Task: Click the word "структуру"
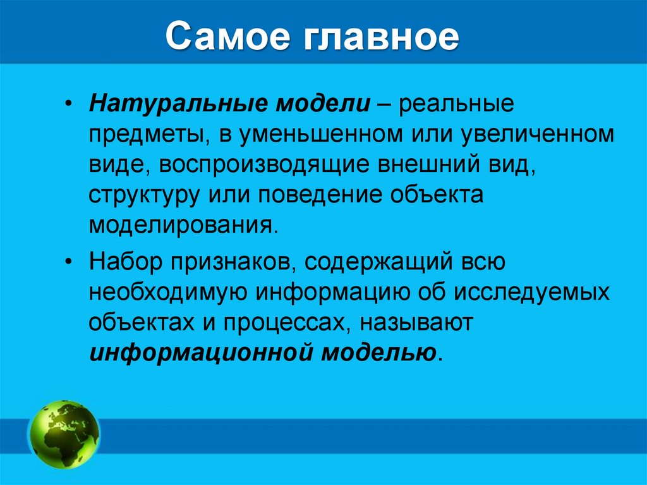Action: (x=142, y=195)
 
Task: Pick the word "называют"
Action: (x=416, y=322)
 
